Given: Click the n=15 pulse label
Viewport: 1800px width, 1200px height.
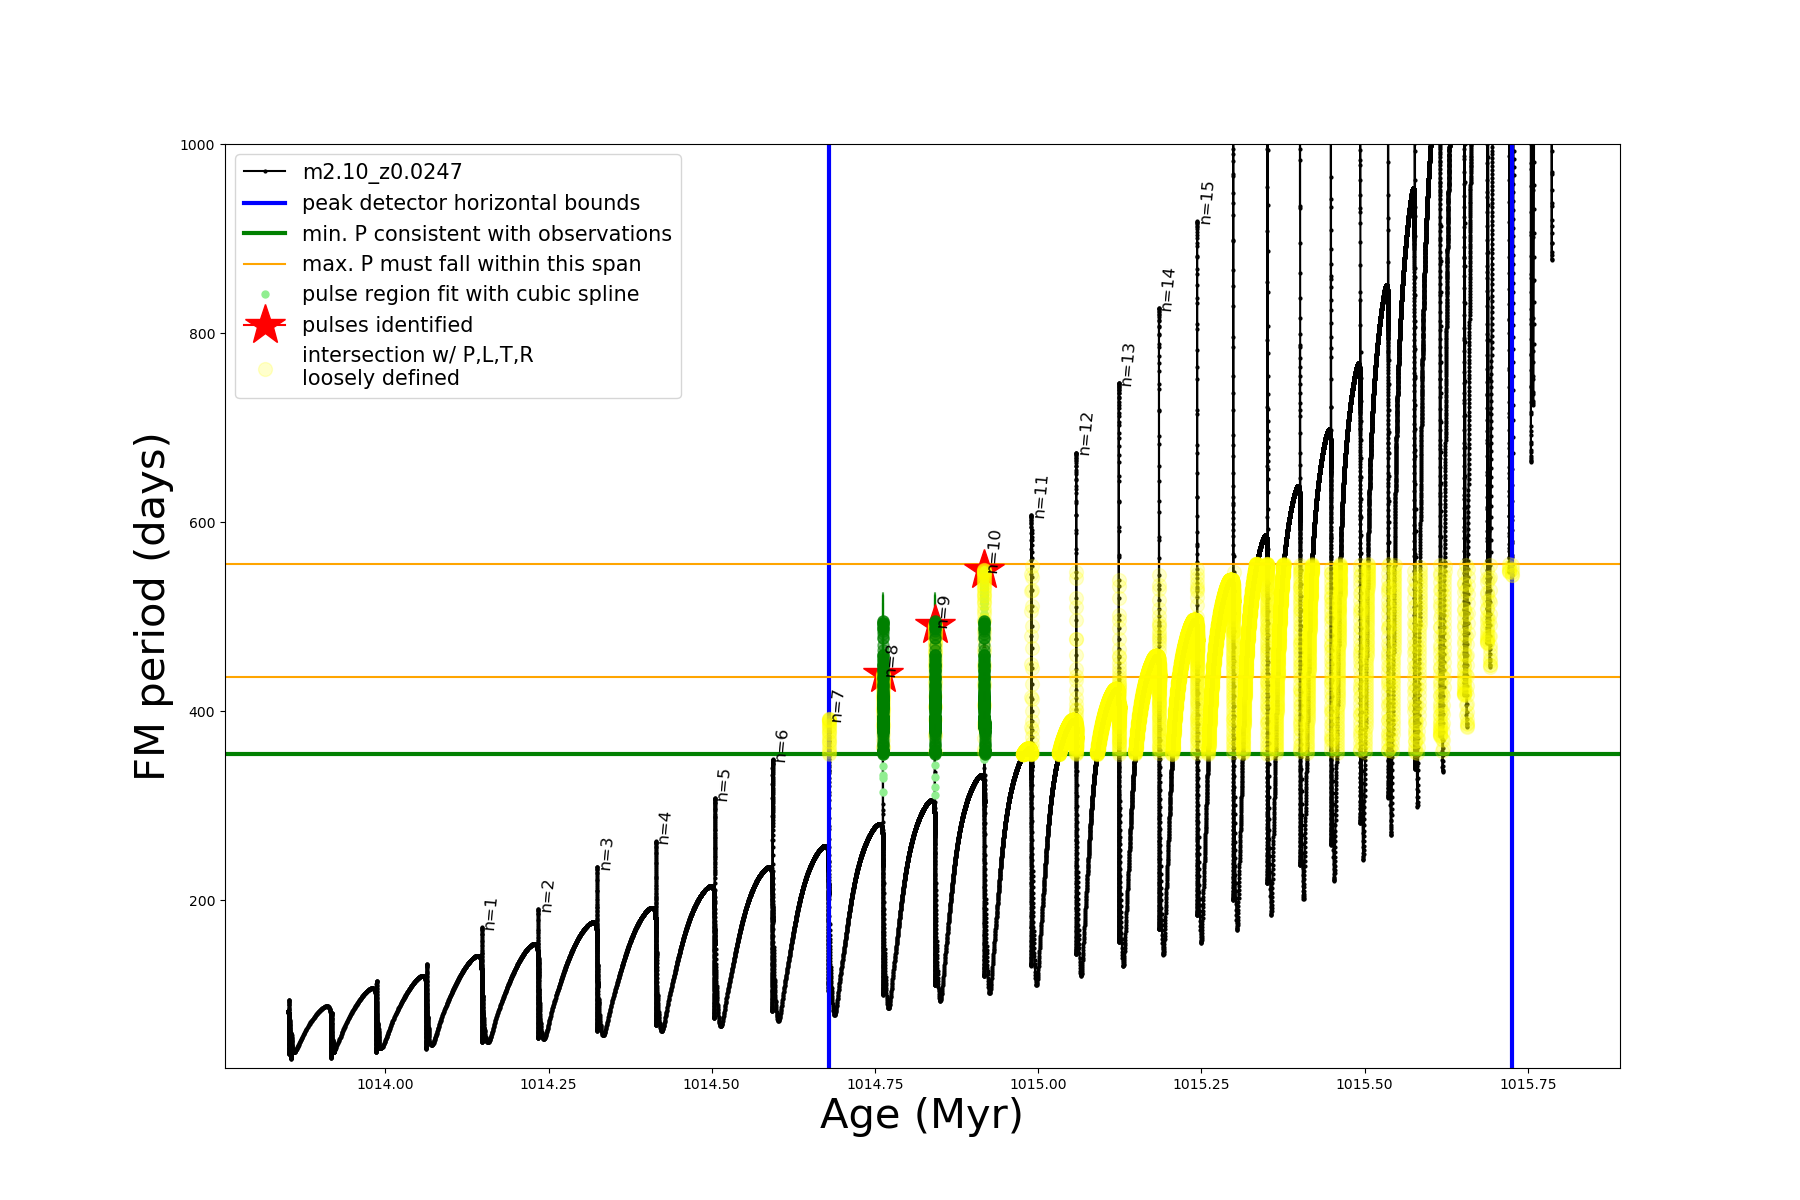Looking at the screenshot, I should coord(1207,203).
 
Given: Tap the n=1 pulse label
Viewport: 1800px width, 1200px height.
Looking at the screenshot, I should coord(490,914).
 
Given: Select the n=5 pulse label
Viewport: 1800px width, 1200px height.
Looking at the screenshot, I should coord(723,785).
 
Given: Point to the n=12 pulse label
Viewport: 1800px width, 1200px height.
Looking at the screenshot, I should coord(1086,434).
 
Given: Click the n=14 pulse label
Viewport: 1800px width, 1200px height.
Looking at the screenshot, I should coord(1168,290).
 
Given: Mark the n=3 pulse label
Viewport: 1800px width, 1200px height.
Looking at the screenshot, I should coord(606,854).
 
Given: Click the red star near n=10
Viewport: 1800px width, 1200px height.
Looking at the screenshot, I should coord(984,569).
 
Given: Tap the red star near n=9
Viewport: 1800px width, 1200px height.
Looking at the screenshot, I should coord(935,625).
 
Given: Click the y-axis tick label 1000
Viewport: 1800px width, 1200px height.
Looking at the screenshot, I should coord(197,145).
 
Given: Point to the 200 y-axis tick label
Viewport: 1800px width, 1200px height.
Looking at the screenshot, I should coord(202,901).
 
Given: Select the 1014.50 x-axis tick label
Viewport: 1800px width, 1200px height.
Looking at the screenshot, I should coord(712,1085).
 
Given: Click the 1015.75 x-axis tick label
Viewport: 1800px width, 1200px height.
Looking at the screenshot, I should coord(1528,1085).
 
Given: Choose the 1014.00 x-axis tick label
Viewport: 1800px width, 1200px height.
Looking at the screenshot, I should coord(386,1085).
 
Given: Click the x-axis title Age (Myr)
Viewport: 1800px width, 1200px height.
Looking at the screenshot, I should coord(921,1115).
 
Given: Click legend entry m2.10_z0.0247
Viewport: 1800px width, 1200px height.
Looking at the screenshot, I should coord(382,172).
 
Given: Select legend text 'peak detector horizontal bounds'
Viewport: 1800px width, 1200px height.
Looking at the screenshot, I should coord(470,203).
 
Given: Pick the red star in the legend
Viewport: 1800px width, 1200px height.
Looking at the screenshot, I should coord(265,324).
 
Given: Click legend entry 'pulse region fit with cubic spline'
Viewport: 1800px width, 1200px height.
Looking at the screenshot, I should coord(470,294).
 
